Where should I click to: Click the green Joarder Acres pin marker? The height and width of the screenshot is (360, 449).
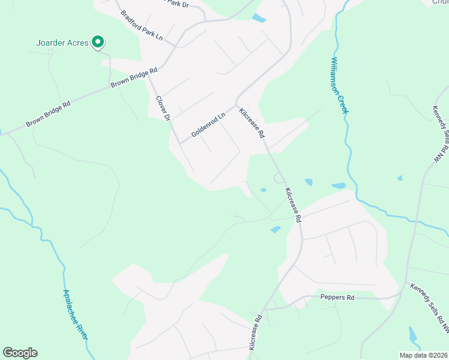(98, 42)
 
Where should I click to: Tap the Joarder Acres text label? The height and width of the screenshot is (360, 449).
(62, 43)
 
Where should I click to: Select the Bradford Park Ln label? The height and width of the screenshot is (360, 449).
(142, 25)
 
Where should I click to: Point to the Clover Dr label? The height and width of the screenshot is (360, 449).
(163, 108)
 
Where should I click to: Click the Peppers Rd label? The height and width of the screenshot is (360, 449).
(338, 298)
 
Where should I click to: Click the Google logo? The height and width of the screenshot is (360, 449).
(20, 353)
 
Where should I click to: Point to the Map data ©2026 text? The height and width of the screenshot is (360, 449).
(423, 355)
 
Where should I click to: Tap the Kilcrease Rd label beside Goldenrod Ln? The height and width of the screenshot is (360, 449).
(252, 123)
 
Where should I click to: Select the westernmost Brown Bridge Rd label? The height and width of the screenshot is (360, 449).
(48, 113)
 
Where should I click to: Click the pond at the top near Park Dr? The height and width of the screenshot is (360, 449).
(259, 18)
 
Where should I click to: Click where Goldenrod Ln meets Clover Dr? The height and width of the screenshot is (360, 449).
(180, 143)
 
